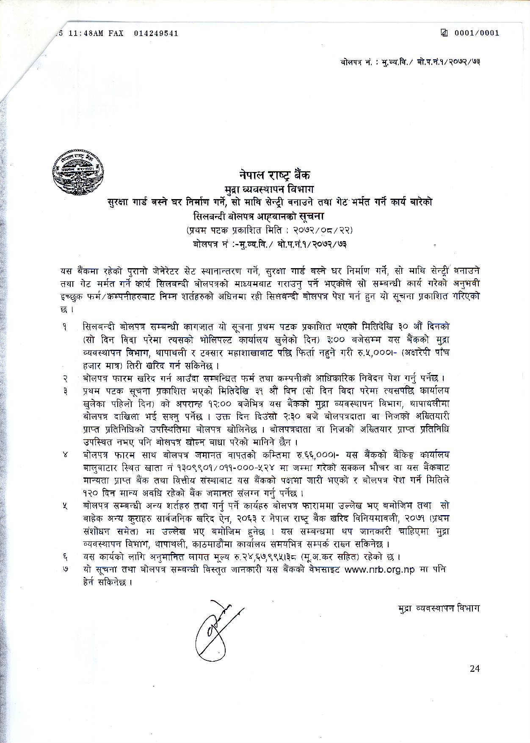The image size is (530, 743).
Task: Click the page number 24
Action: pos(474,668)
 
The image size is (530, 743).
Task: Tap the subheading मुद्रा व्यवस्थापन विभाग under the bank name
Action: pos(272,188)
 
